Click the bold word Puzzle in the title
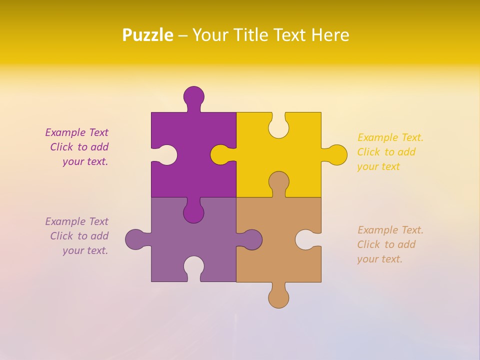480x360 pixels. pos(148,35)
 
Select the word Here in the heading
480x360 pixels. pos(329,35)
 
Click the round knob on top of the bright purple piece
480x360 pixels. pos(194,96)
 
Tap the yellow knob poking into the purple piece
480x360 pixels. pos(220,154)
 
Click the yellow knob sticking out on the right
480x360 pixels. pos(337,154)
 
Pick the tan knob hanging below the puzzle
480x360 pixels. pos(278,298)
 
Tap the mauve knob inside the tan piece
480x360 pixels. pos(252,239)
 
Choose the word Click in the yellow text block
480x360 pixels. pos(368,152)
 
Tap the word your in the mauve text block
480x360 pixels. pos(72,250)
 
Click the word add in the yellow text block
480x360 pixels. pos(407,152)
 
